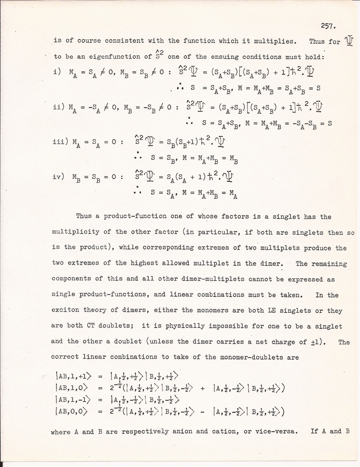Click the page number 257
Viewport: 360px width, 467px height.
coord(328,26)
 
